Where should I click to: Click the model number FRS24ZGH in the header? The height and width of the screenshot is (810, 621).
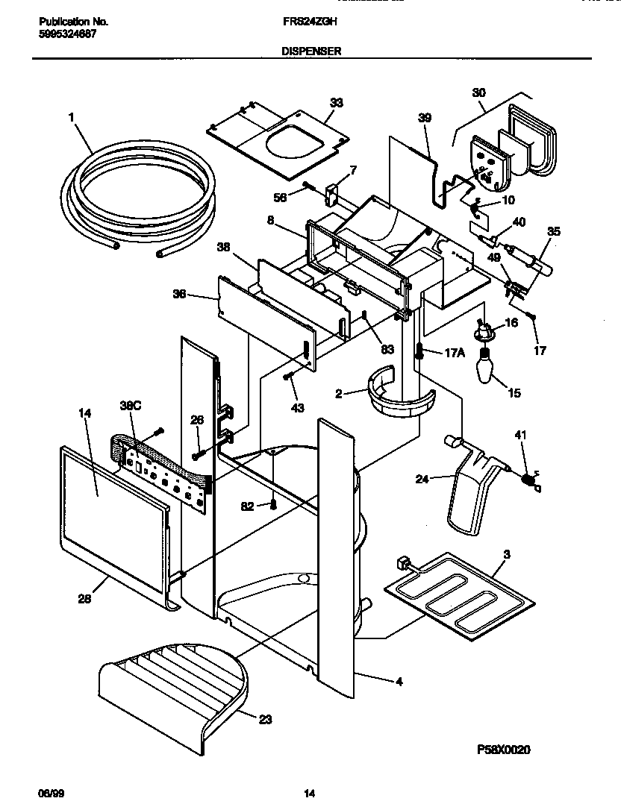(x=310, y=22)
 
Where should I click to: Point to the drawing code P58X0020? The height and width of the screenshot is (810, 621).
(x=504, y=750)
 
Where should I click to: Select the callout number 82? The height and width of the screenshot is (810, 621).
(x=247, y=506)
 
